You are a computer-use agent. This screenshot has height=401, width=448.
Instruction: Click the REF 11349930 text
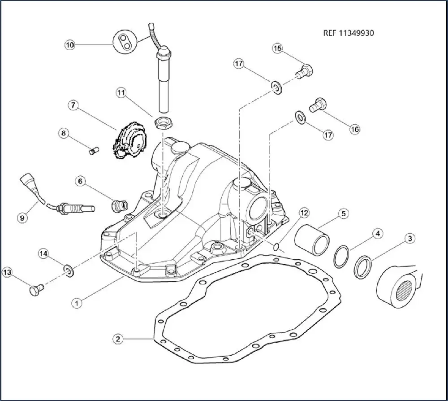pos(349,33)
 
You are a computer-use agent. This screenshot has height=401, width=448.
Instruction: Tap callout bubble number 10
pos(70,44)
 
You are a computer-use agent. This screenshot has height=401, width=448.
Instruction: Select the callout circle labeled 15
pos(277,48)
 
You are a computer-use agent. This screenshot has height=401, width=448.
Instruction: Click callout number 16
pos(354,129)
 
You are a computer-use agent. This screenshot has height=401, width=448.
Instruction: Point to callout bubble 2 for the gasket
pos(117,339)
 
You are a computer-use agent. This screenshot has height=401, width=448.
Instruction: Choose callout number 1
pos(77,303)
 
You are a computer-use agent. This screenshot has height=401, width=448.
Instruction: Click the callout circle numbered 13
pos(7,272)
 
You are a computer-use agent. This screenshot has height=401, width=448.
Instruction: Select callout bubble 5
pos(343,214)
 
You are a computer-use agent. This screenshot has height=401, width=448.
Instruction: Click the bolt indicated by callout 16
pos(318,105)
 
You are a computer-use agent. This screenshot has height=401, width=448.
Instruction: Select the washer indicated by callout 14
pos(69,270)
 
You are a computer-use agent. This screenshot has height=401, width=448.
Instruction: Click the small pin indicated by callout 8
pos(93,152)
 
